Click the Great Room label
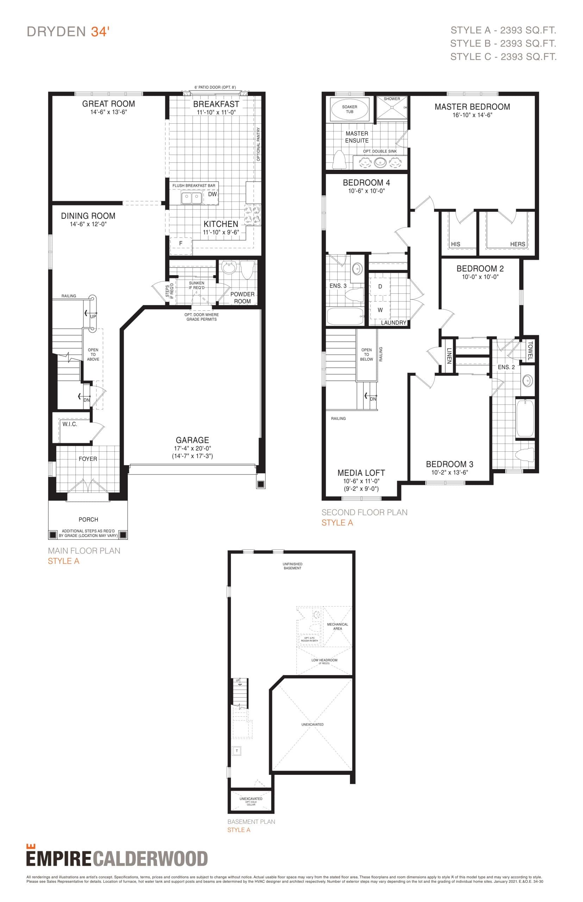click(108, 104)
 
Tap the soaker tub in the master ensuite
click(350, 109)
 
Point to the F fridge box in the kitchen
click(181, 243)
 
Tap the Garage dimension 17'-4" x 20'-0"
click(192, 448)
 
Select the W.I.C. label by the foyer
click(70, 424)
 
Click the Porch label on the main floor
click(88, 519)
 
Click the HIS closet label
click(456, 244)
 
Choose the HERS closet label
click(517, 244)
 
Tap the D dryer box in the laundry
click(380, 287)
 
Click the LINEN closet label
click(449, 356)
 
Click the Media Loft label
click(361, 473)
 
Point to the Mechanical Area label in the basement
click(337, 626)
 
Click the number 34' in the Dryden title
click(100, 32)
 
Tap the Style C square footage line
click(503, 57)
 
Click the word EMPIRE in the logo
click(59, 859)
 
